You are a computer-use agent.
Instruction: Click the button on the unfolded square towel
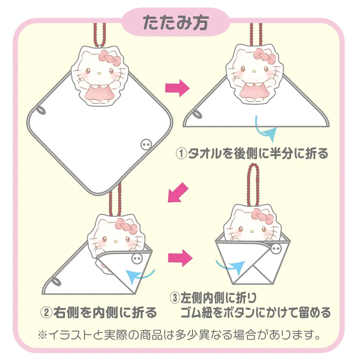145,144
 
